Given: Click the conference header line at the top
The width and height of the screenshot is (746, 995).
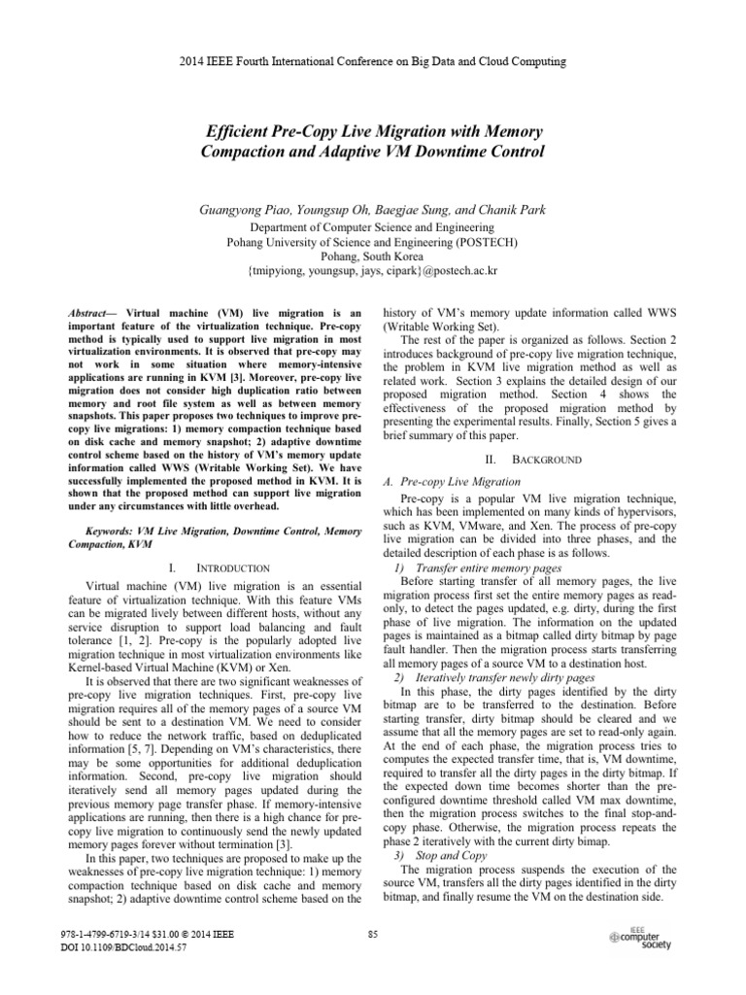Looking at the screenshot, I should [x=373, y=61].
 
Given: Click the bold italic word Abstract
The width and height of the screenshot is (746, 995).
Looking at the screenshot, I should [x=89, y=314].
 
